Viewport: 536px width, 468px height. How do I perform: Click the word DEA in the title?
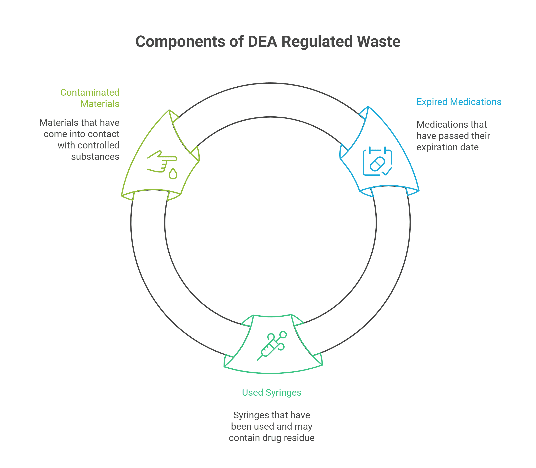point(262,42)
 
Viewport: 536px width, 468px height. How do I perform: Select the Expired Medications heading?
point(459,102)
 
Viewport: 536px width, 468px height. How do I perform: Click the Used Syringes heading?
point(271,393)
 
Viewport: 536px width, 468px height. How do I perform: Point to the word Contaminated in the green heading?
point(90,92)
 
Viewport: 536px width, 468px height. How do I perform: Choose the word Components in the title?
point(180,42)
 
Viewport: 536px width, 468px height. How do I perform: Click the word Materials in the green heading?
point(100,104)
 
